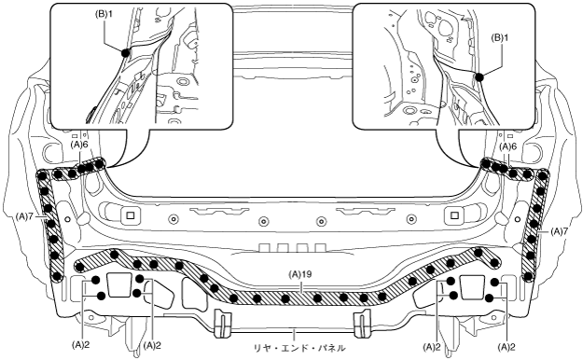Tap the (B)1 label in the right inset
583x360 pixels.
[x=500, y=37]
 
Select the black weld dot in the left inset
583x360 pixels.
[x=127, y=53]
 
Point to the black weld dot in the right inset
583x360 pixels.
[x=479, y=77]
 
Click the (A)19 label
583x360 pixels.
[x=300, y=275]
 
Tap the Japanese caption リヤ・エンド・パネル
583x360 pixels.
[x=299, y=348]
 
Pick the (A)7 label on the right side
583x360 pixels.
[x=559, y=231]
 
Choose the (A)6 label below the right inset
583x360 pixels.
[x=507, y=146]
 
